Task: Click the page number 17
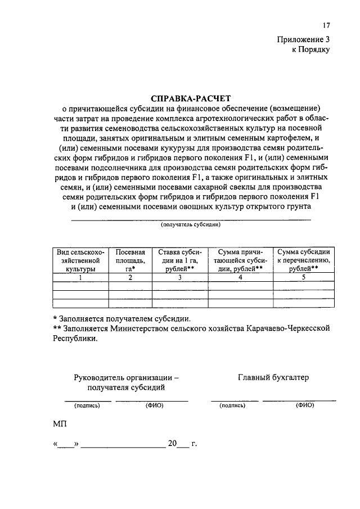tap(326, 25)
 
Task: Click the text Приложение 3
tap(303, 39)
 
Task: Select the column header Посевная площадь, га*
tap(130, 260)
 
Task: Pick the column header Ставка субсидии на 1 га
tap(180, 260)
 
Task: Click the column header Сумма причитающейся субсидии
tap(241, 260)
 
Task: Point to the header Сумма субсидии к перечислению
tap(304, 260)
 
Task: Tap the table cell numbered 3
tap(180, 277)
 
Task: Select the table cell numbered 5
tap(304, 277)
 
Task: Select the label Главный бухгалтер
tap(273, 377)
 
